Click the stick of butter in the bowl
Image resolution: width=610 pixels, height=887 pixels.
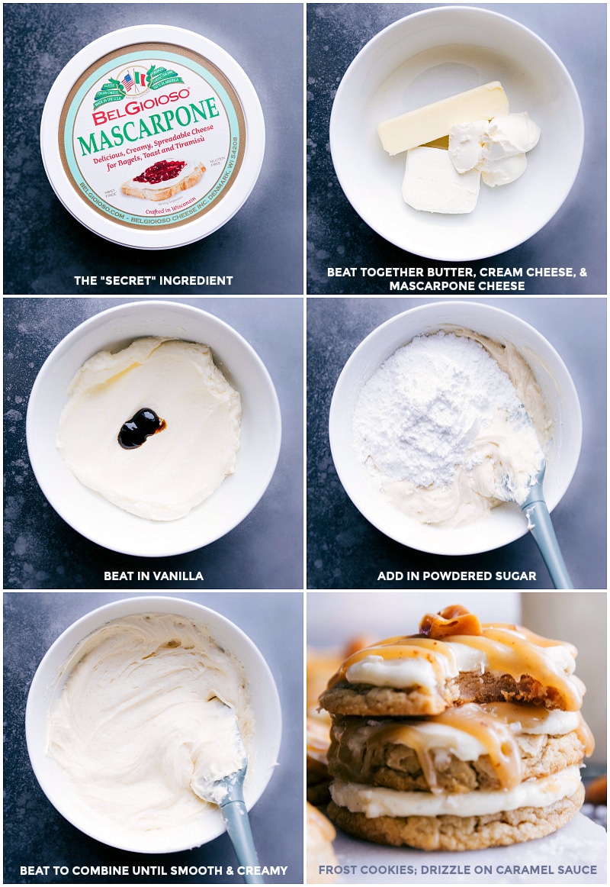coord(442,118)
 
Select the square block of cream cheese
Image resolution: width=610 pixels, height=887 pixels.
coord(441,180)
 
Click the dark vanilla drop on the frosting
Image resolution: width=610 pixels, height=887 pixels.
coord(140,427)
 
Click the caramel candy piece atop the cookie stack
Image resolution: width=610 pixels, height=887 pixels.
coord(450,621)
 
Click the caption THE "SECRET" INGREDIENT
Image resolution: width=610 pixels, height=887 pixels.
coord(153,281)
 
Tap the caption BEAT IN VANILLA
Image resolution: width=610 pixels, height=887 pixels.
coord(153,576)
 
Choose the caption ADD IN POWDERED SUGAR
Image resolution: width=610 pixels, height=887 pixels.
coord(457,576)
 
